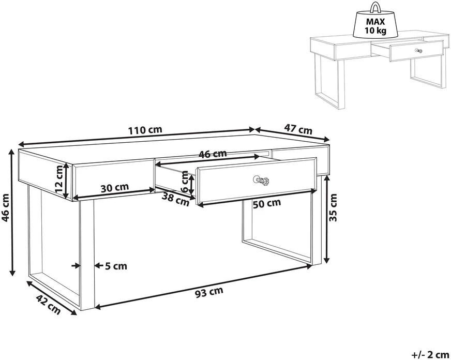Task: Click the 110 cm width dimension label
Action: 145,130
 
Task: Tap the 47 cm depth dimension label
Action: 298,129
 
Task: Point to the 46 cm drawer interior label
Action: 213,154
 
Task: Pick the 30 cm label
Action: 115,188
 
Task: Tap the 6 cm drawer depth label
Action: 185,182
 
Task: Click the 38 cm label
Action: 176,199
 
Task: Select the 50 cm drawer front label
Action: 267,204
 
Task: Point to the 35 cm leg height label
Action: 333,207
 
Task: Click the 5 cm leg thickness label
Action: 116,266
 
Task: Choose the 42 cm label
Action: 48,305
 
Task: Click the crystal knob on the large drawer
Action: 261,181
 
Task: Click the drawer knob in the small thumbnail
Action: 419,51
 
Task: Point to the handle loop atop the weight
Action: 375,7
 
